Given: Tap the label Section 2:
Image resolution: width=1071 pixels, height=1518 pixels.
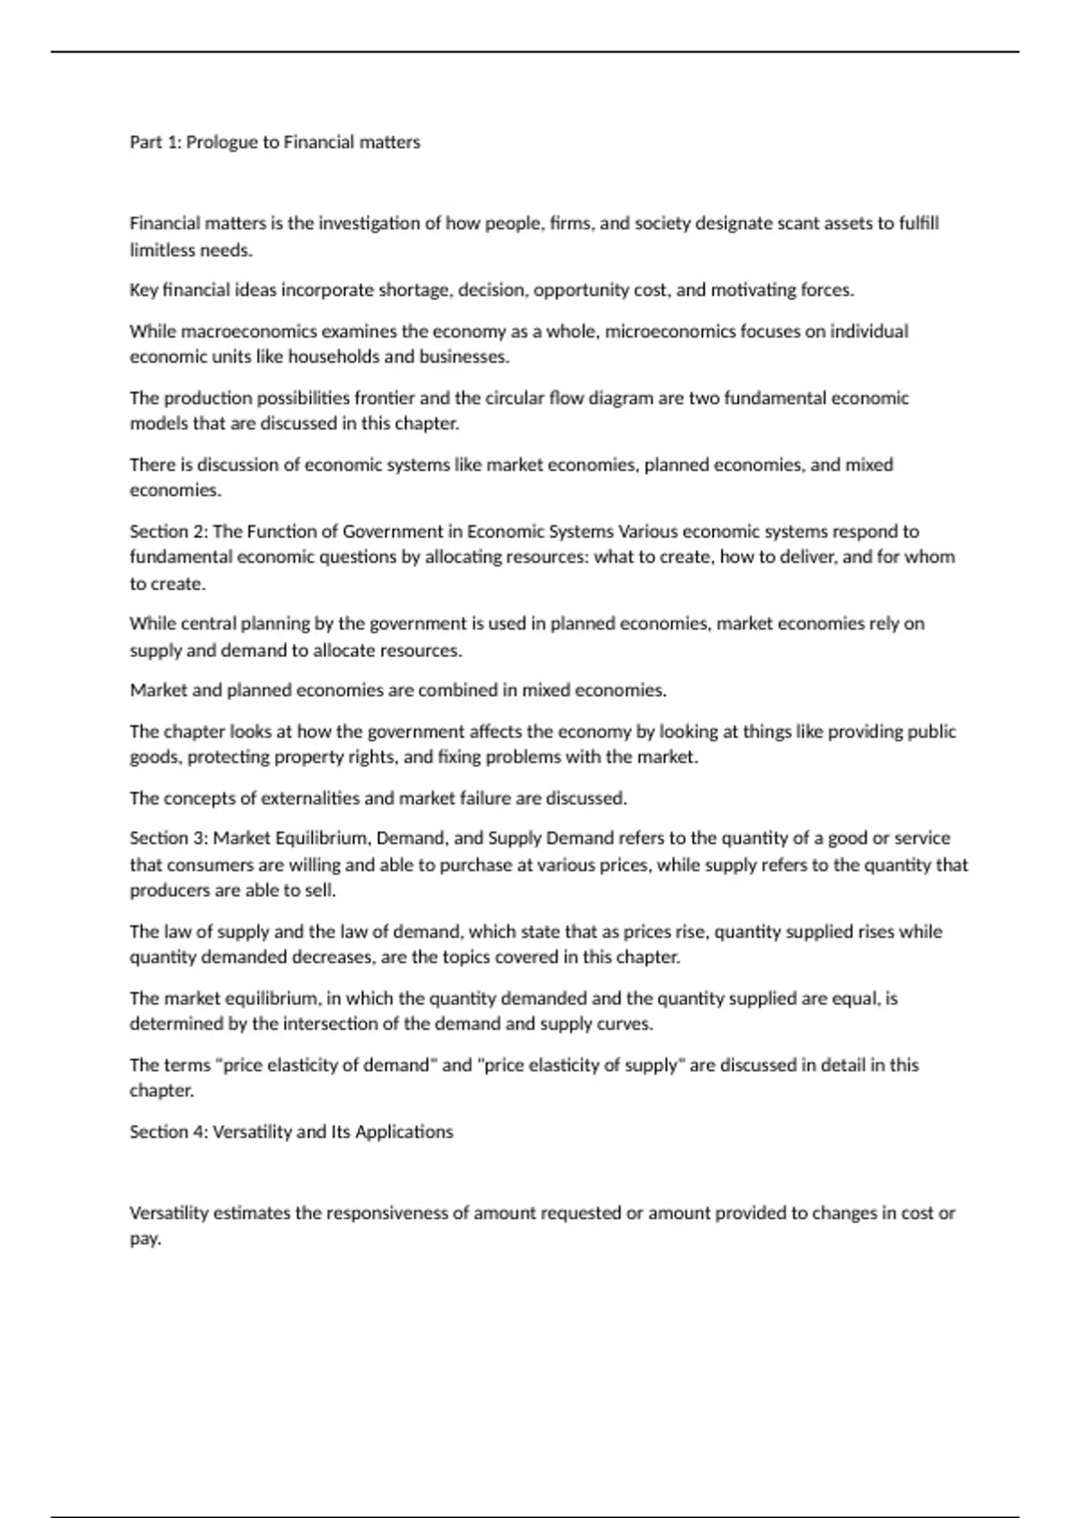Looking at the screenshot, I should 168,531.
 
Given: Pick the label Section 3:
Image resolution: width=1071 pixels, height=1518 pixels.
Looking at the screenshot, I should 168,838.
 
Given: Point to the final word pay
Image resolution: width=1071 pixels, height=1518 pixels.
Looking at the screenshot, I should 145,1239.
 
